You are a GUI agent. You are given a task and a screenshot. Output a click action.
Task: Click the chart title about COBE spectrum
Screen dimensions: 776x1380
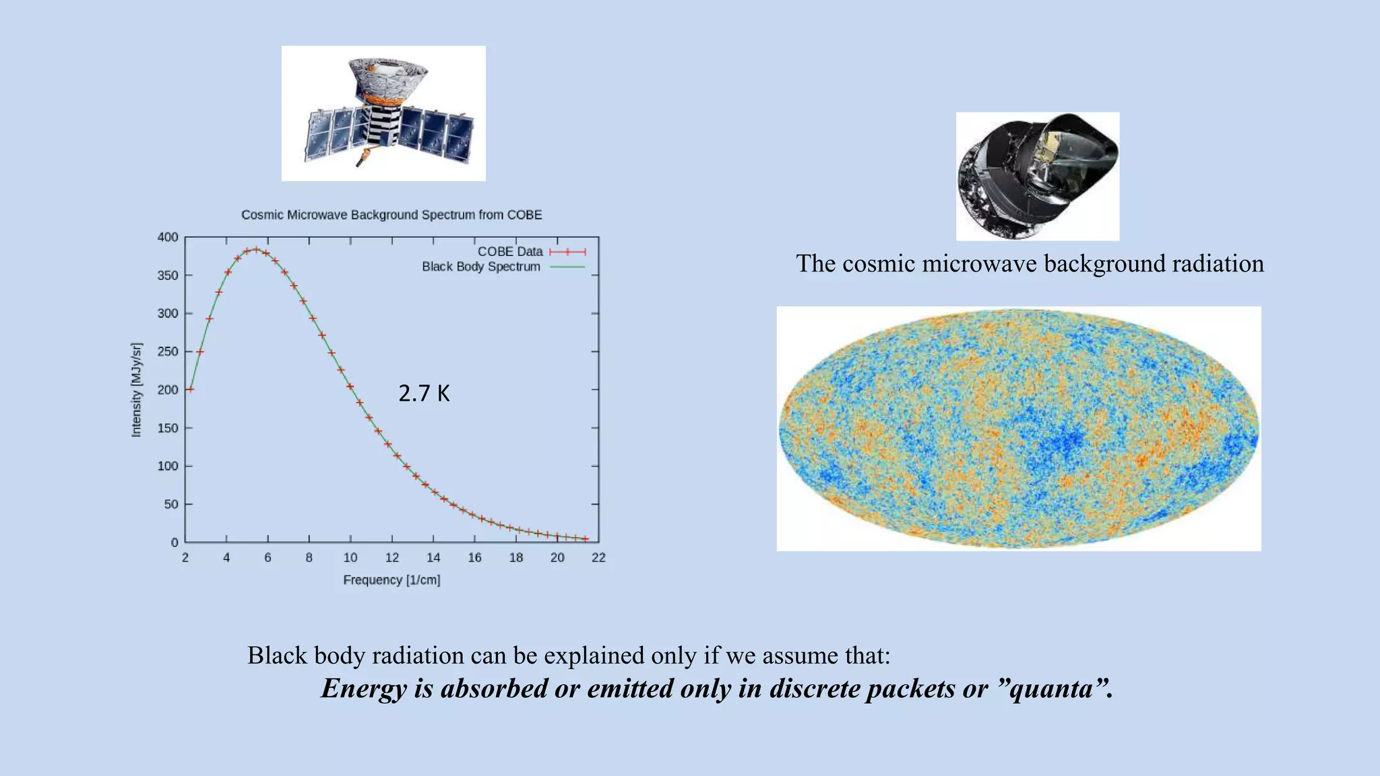391,215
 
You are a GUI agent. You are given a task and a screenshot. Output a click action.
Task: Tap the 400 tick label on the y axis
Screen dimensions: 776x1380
168,237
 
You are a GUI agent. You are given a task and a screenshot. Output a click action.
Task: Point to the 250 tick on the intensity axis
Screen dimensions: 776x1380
168,352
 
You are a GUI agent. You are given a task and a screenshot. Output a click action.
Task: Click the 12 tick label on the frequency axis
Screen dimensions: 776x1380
392,558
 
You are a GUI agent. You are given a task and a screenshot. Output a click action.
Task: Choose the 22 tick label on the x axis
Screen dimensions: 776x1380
598,558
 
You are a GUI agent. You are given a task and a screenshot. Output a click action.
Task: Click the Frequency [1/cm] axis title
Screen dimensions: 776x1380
391,580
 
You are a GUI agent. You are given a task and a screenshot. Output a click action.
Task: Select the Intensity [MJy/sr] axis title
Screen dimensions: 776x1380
137,390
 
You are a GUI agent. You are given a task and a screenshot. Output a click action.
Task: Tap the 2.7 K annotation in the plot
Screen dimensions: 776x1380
424,393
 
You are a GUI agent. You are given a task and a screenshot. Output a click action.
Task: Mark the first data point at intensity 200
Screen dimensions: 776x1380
191,389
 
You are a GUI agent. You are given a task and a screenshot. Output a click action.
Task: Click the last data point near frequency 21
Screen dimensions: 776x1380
586,539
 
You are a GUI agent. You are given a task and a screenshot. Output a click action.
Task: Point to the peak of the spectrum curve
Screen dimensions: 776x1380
255,249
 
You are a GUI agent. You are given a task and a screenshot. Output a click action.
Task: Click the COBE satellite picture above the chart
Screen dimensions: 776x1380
383,113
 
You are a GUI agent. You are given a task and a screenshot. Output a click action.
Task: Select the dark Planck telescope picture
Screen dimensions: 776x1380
1038,176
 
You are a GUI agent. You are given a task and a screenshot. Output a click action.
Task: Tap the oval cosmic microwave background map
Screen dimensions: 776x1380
1018,429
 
